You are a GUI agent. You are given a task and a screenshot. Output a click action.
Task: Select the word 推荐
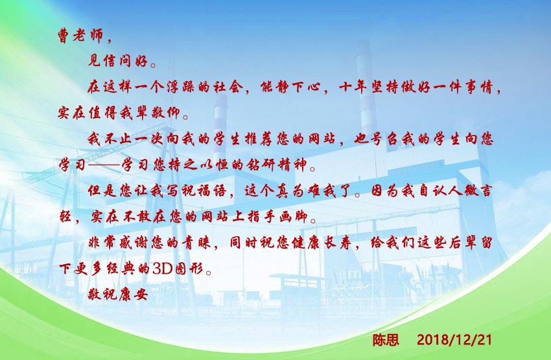[240, 139]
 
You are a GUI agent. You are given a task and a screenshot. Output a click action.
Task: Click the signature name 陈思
[386, 339]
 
